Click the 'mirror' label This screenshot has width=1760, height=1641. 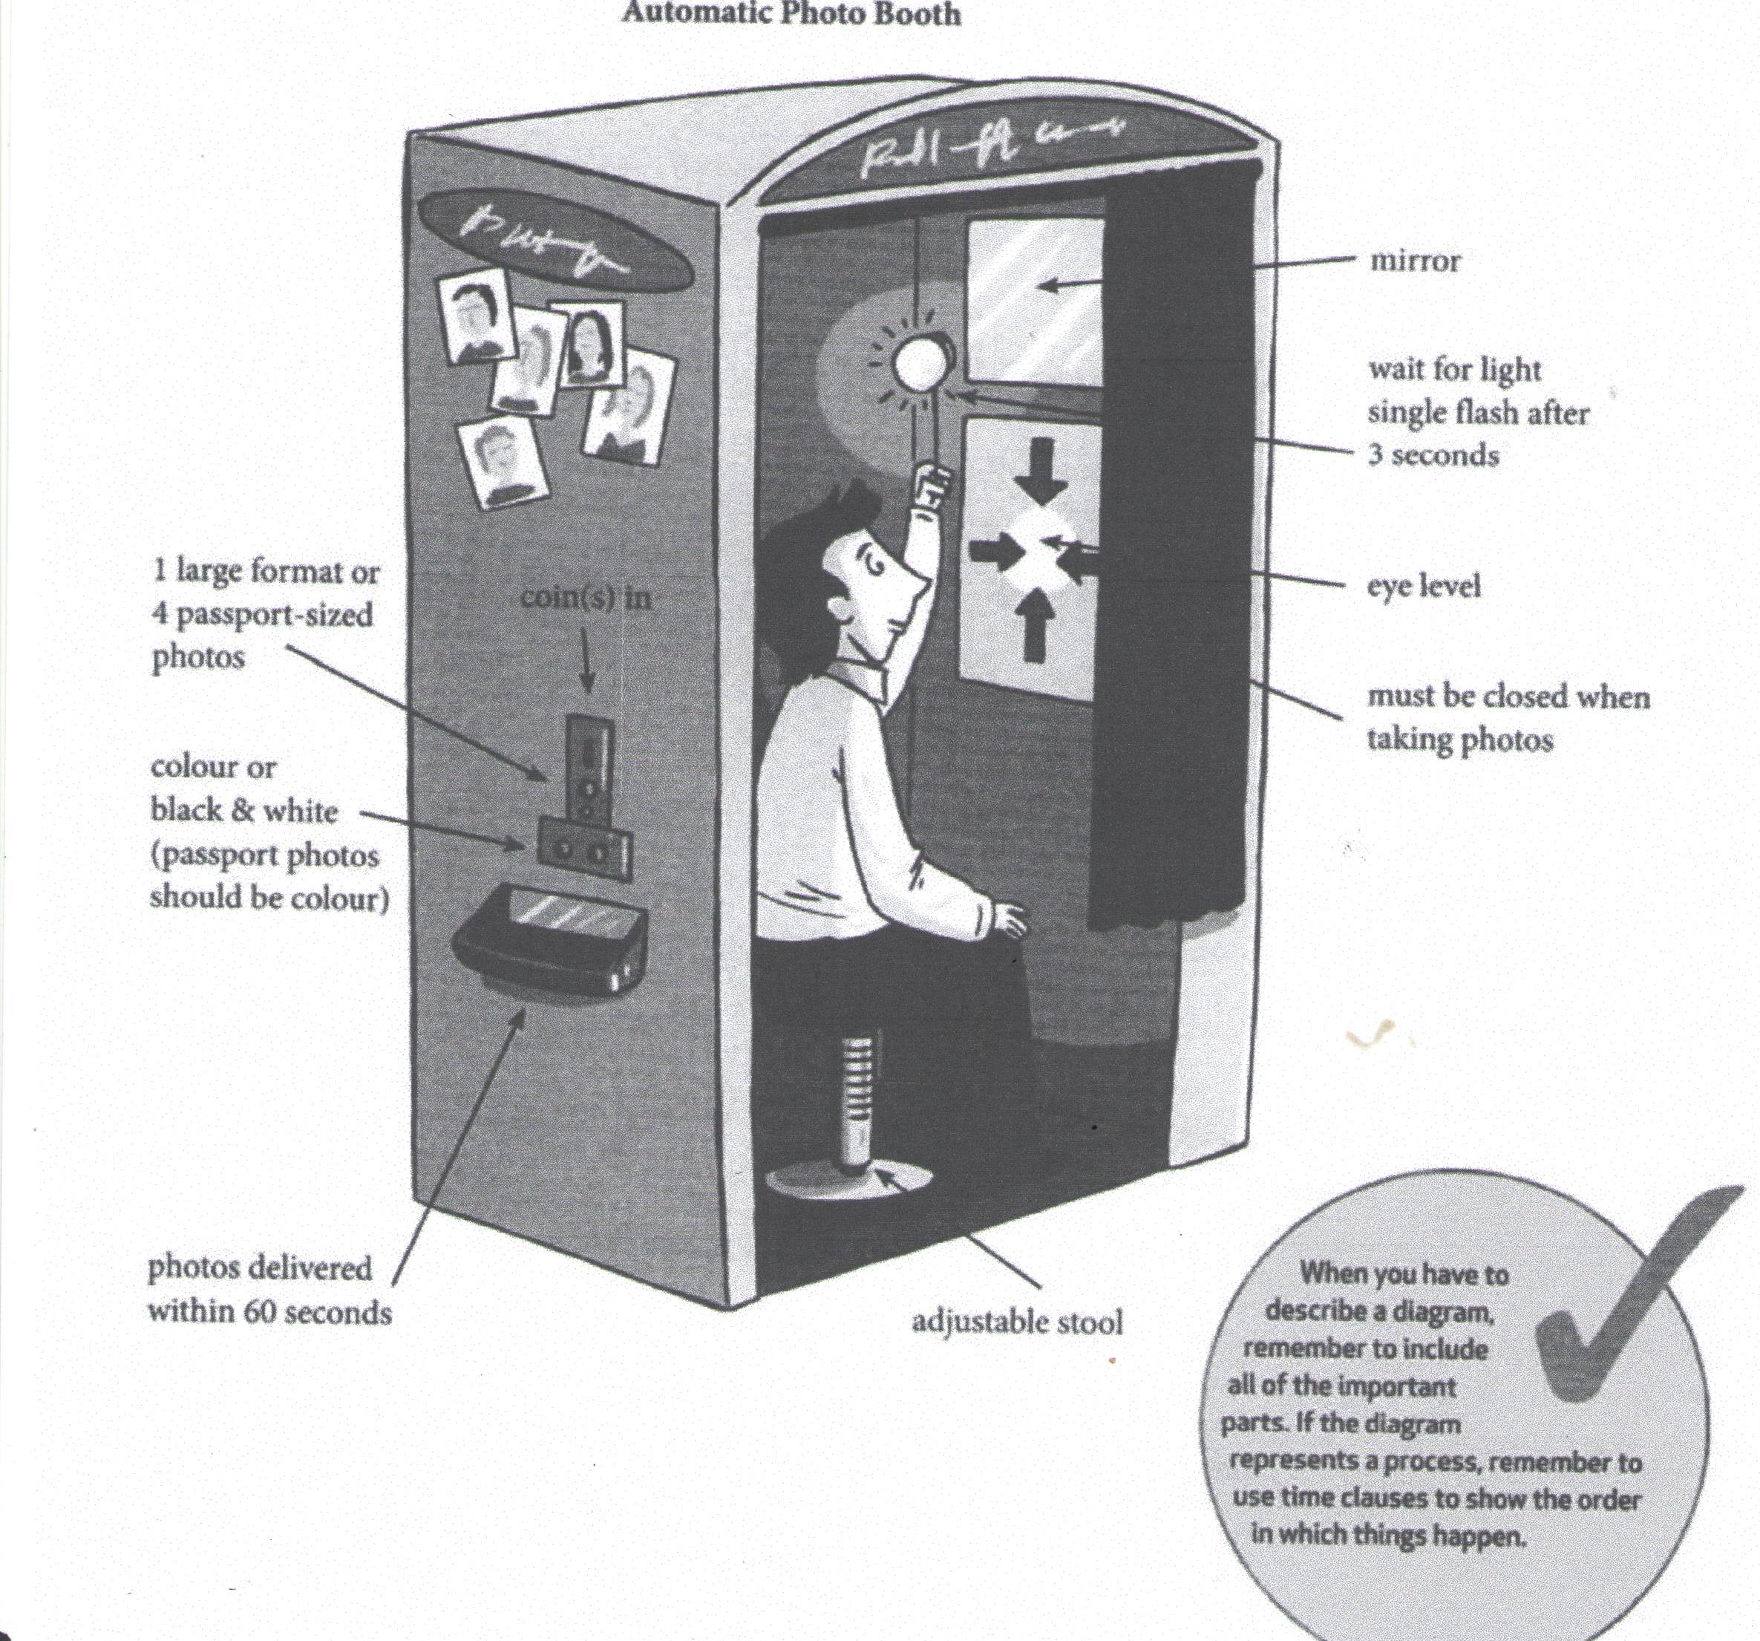pos(1415,262)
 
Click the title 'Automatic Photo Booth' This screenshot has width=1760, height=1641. pos(791,14)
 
